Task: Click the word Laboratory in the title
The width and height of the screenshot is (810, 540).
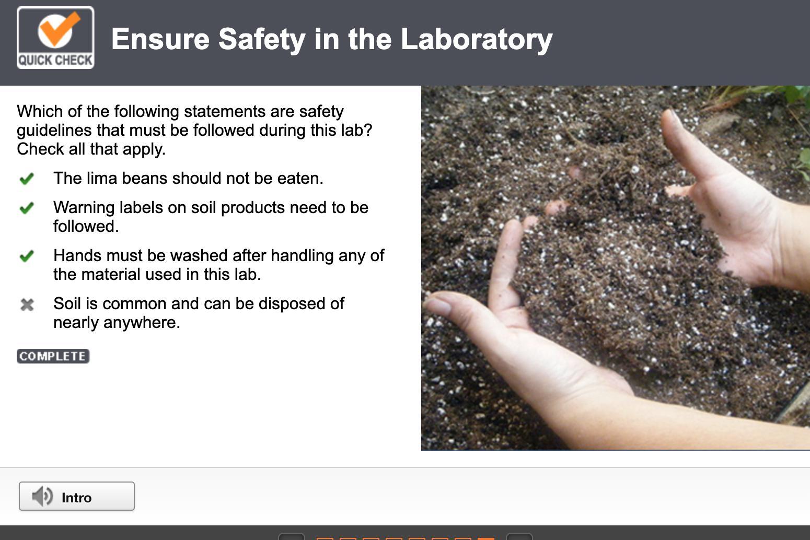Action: (477, 39)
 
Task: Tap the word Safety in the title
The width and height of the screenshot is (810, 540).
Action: (262, 39)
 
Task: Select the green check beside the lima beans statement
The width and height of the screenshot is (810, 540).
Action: (27, 178)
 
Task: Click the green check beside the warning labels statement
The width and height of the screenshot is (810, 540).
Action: (27, 207)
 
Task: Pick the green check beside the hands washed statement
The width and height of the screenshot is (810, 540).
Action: (27, 256)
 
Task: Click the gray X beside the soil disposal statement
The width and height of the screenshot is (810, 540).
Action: (27, 304)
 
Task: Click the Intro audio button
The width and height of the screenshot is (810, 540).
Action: (77, 496)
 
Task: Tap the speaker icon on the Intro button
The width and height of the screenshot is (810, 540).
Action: (42, 496)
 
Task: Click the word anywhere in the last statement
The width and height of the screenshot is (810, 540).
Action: (142, 322)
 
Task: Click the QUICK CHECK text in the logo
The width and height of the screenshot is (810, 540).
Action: (55, 60)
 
